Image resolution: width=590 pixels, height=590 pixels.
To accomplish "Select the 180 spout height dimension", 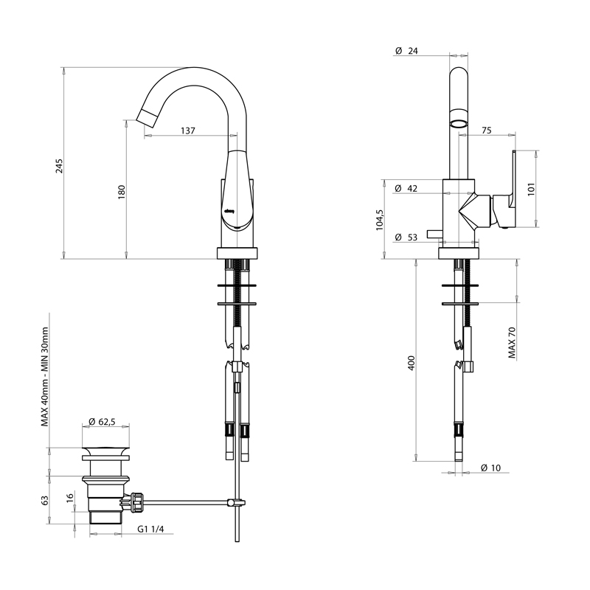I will [x=122, y=191].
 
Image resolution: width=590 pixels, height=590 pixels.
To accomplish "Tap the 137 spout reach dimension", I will [x=187, y=131].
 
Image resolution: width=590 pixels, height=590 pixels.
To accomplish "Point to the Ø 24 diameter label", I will [x=406, y=51].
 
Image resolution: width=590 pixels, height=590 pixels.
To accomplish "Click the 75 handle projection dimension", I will [x=486, y=131].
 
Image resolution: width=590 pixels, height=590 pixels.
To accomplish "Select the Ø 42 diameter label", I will [x=406, y=189].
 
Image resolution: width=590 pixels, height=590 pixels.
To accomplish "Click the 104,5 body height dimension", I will [x=379, y=220].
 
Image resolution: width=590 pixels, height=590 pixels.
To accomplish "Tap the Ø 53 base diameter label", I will [x=406, y=237].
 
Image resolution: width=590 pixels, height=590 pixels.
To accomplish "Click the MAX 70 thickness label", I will [x=511, y=343].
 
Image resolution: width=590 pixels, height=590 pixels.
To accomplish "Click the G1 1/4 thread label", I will [x=150, y=529].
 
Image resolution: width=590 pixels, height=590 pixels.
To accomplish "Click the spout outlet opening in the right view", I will [x=459, y=122].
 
